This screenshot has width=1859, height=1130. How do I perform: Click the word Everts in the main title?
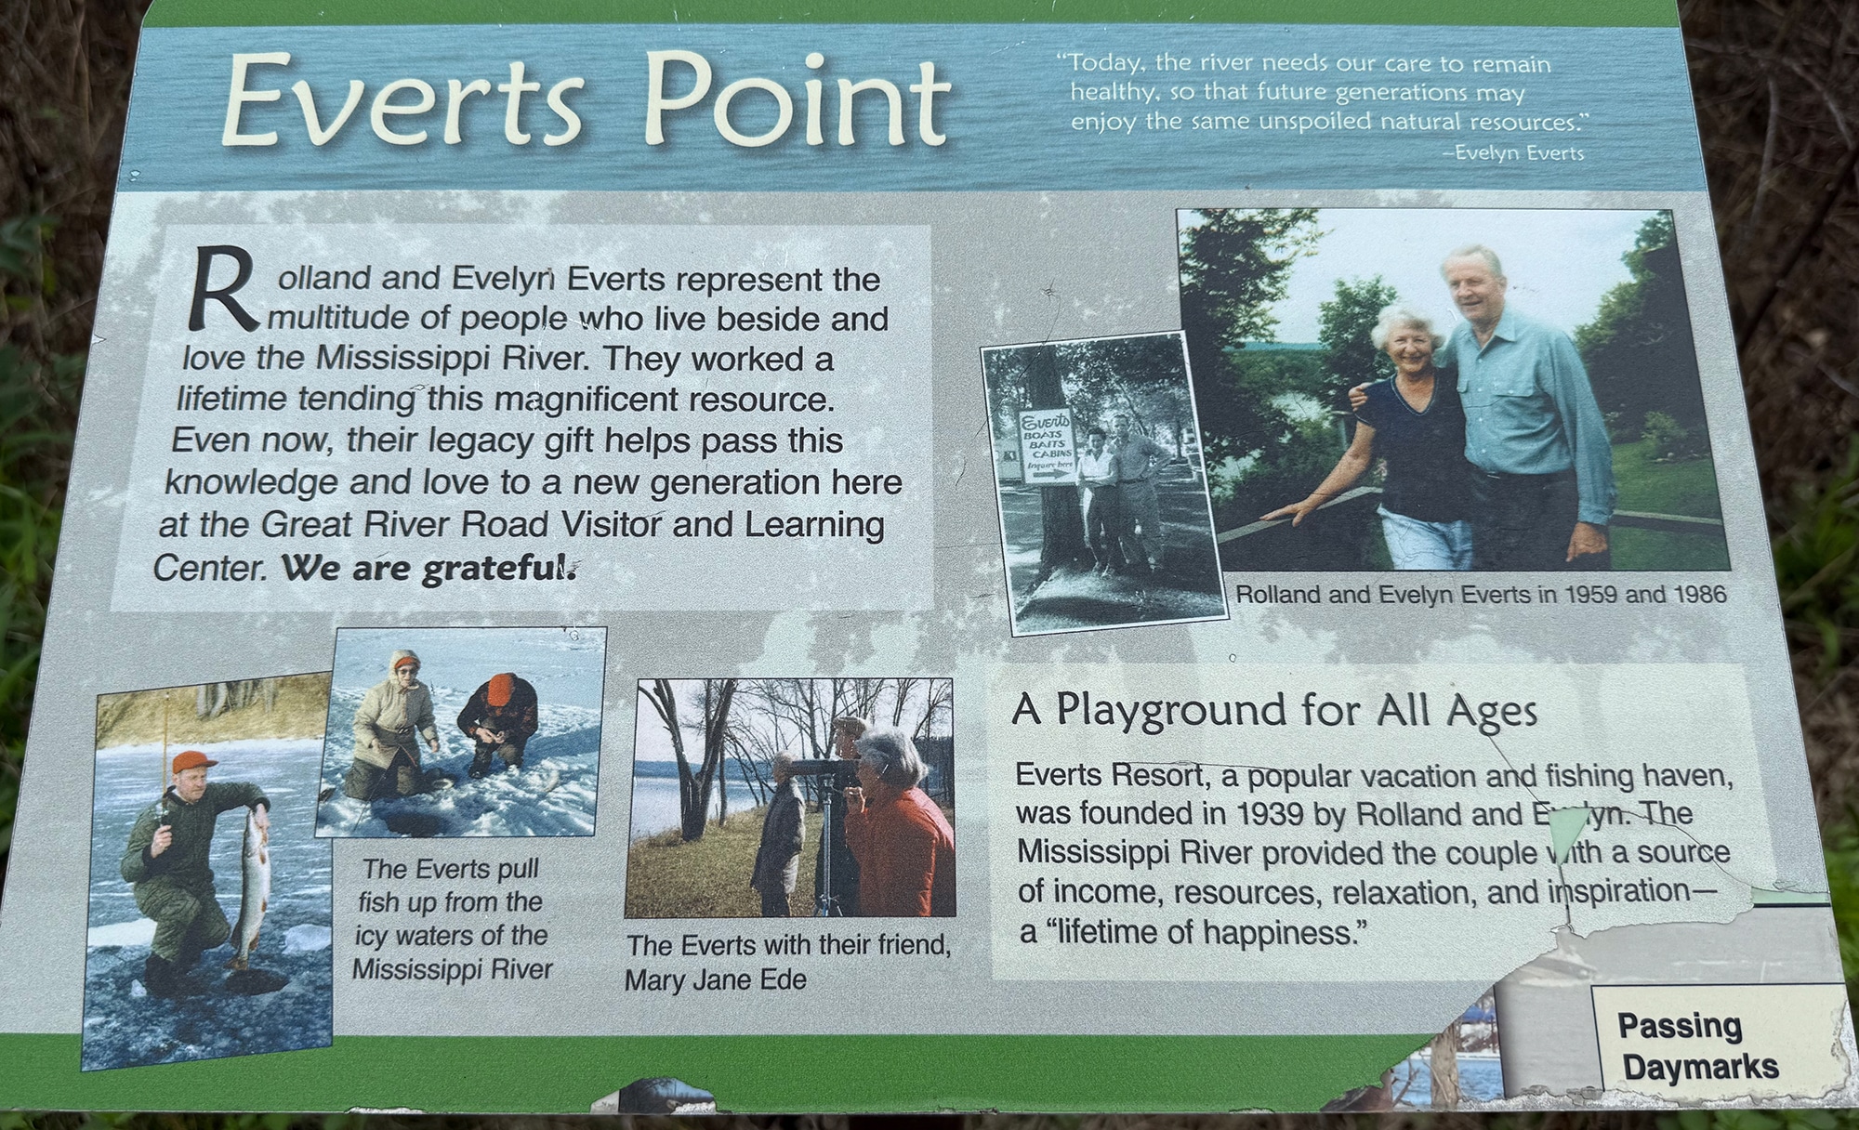(x=404, y=100)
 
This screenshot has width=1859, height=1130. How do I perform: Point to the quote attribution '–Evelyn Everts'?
(x=1513, y=152)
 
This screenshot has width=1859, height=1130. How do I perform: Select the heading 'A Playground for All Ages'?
(x=1274, y=711)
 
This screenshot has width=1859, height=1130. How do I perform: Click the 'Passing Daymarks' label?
(x=1697, y=1046)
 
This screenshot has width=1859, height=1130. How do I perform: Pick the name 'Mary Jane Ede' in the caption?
(x=715, y=980)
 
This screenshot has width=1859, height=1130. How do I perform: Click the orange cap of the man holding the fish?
(x=193, y=762)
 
